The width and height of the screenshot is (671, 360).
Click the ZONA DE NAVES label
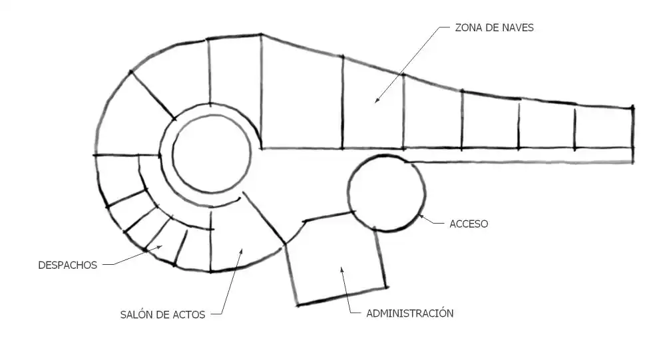494,28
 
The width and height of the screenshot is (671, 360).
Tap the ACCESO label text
469,224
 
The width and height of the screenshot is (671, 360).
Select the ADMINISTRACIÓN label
409,313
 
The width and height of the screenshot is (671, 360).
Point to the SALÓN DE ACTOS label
162,315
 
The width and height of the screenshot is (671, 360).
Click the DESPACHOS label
68,265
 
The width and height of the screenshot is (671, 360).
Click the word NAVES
517,28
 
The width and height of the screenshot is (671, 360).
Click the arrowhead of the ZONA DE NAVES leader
377,101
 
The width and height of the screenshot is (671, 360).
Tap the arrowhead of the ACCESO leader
421,217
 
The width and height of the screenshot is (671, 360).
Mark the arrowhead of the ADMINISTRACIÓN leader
341,270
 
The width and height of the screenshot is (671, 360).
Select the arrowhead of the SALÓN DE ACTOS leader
241,251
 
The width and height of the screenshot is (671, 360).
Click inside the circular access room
386,193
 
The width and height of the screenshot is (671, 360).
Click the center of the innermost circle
212,154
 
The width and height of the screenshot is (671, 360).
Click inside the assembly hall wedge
240,238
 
